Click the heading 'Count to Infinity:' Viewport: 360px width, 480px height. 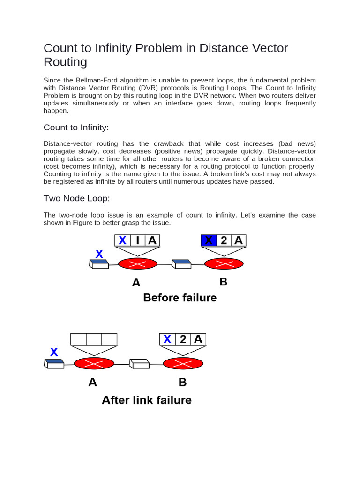coord(76,127)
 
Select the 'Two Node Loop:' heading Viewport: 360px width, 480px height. coord(77,198)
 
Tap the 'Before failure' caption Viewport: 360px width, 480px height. coord(180,298)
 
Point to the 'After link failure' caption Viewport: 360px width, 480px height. coord(147,400)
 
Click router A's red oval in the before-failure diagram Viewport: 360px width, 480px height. coord(137,264)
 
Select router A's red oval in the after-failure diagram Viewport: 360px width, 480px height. coord(94,363)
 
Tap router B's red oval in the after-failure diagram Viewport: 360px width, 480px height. coord(183,363)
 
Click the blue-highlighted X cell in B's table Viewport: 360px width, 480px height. coord(209,240)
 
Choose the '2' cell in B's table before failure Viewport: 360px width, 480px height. coord(224,240)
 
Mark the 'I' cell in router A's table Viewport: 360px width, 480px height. coord(137,240)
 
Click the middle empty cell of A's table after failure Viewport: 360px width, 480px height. coord(94,339)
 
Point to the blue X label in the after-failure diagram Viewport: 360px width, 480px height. coord(54,352)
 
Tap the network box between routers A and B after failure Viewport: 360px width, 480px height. coord(139,363)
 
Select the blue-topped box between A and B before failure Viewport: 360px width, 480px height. coord(181,264)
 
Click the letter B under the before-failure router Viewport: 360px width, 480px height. coord(224,282)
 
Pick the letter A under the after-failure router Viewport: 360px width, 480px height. coord(93,382)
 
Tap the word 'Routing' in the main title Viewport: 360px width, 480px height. coord(66,62)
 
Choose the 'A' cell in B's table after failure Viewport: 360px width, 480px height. coord(198,339)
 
